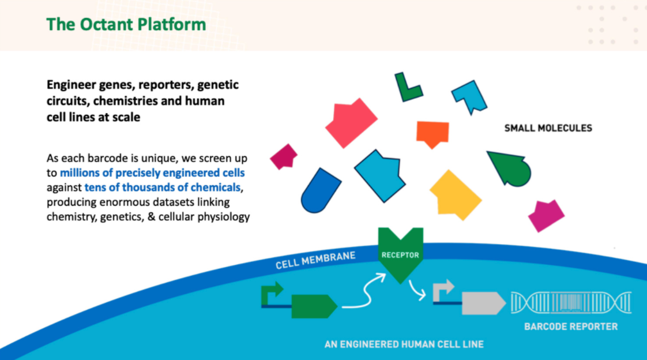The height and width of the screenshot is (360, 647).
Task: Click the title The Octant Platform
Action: coord(126,24)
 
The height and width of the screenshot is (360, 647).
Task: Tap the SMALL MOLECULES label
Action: coord(548,128)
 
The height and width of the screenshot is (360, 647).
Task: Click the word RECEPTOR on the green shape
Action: coord(400,255)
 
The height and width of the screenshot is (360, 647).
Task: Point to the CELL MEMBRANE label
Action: coord(315,260)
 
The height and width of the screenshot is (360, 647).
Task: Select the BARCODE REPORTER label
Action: coord(571,327)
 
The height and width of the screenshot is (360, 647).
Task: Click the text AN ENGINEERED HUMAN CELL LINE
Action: coord(404,344)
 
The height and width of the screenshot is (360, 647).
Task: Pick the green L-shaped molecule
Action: coord(408,87)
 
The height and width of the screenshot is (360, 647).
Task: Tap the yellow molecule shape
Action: coord(455,195)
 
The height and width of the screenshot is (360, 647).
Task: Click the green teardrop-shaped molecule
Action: coord(511,168)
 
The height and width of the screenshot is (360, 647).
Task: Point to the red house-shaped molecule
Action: coord(351,123)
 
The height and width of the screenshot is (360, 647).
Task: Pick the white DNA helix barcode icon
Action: coord(571,303)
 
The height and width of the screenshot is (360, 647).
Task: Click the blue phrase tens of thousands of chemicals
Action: coord(163,187)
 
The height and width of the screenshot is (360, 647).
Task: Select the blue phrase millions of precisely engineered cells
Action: coord(152,172)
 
